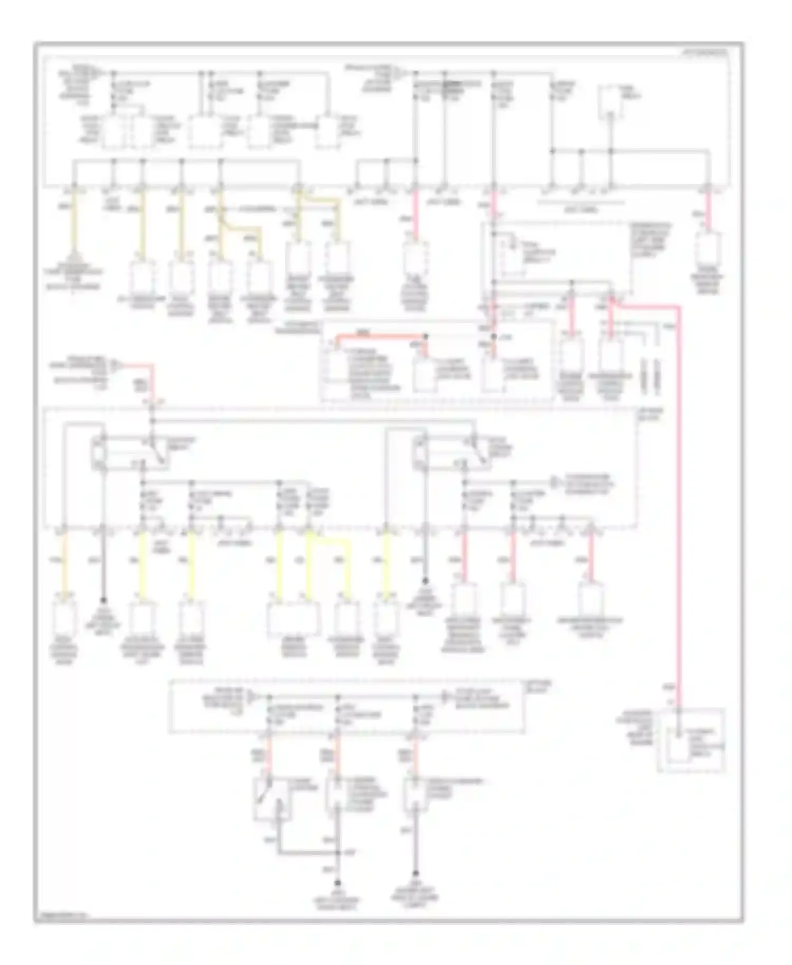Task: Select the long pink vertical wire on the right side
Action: coord(679,502)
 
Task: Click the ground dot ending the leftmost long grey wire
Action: coord(103,601)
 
